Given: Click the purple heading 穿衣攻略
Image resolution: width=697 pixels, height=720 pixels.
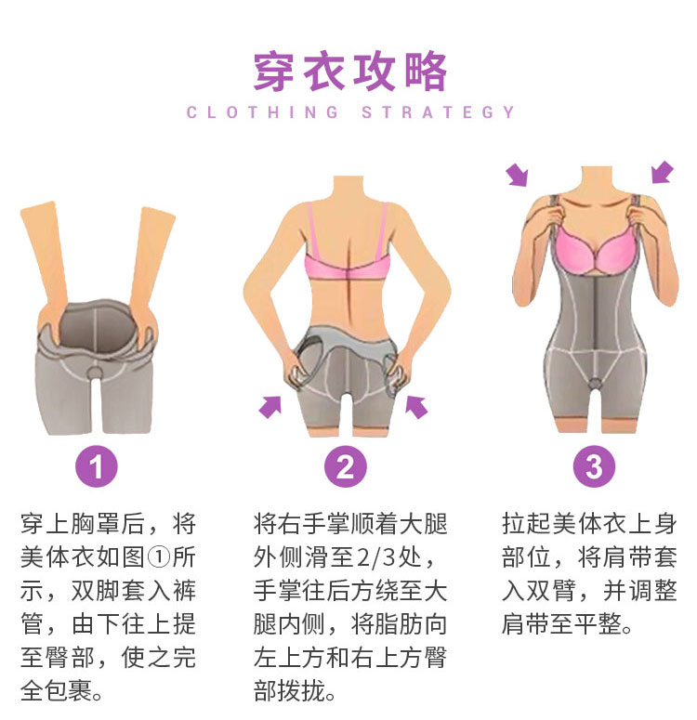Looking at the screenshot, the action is tap(350, 72).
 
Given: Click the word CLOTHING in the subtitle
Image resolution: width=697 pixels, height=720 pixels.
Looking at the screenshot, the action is tap(262, 112).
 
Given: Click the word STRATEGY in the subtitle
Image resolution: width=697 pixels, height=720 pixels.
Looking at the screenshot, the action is tap(438, 112).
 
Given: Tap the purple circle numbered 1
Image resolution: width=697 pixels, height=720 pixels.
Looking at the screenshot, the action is tap(97, 466).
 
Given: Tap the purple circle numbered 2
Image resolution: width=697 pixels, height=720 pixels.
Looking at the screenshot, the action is tap(346, 466).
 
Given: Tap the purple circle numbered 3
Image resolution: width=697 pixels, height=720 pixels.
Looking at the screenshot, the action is tap(594, 466).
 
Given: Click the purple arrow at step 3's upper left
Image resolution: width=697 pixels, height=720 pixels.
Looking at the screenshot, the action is tap(518, 176).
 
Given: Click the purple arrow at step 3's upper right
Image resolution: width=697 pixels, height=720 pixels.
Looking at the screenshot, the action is tap(663, 172).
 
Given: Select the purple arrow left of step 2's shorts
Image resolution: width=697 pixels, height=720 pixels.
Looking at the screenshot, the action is tap(270, 407).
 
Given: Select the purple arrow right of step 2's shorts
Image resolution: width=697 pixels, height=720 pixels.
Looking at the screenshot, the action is tap(416, 407).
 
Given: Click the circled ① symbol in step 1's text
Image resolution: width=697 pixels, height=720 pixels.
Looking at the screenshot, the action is tap(159, 557).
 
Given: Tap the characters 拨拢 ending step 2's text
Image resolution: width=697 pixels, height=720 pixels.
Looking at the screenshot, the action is tap(302, 691).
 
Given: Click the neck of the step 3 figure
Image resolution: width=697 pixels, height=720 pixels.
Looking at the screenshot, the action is tap(596, 179).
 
